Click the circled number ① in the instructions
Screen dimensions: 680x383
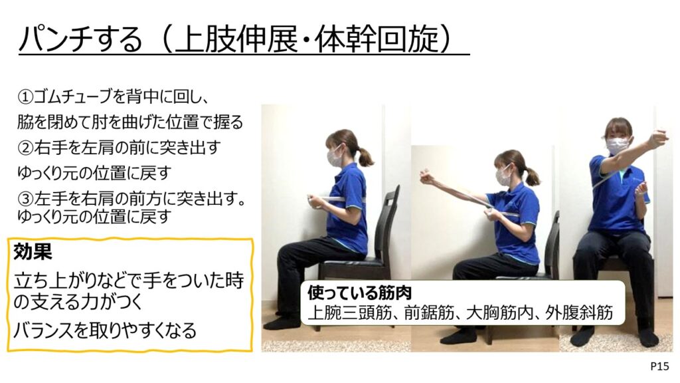pyautogui.click(x=25, y=96)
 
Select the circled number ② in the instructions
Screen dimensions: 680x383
pyautogui.click(x=25, y=148)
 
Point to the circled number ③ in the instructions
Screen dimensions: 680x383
pyautogui.click(x=25, y=199)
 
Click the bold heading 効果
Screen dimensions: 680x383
pyautogui.click(x=33, y=251)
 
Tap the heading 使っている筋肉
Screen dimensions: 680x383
pyautogui.click(x=359, y=293)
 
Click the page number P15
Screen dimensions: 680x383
pyautogui.click(x=659, y=366)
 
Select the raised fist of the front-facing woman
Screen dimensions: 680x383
pyautogui.click(x=657, y=138)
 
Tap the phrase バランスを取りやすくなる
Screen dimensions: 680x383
pyautogui.click(x=105, y=331)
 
